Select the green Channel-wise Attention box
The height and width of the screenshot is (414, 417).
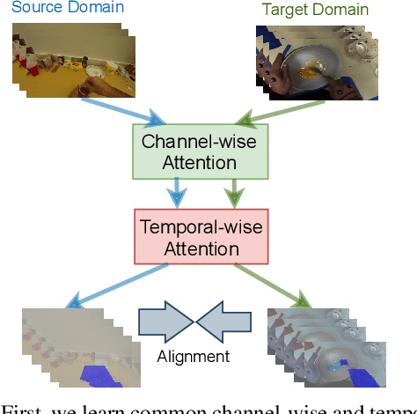(189, 151)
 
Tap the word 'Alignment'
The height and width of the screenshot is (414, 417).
(193, 356)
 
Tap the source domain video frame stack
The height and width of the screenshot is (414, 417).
(70, 62)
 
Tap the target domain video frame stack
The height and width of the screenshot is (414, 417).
(317, 62)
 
